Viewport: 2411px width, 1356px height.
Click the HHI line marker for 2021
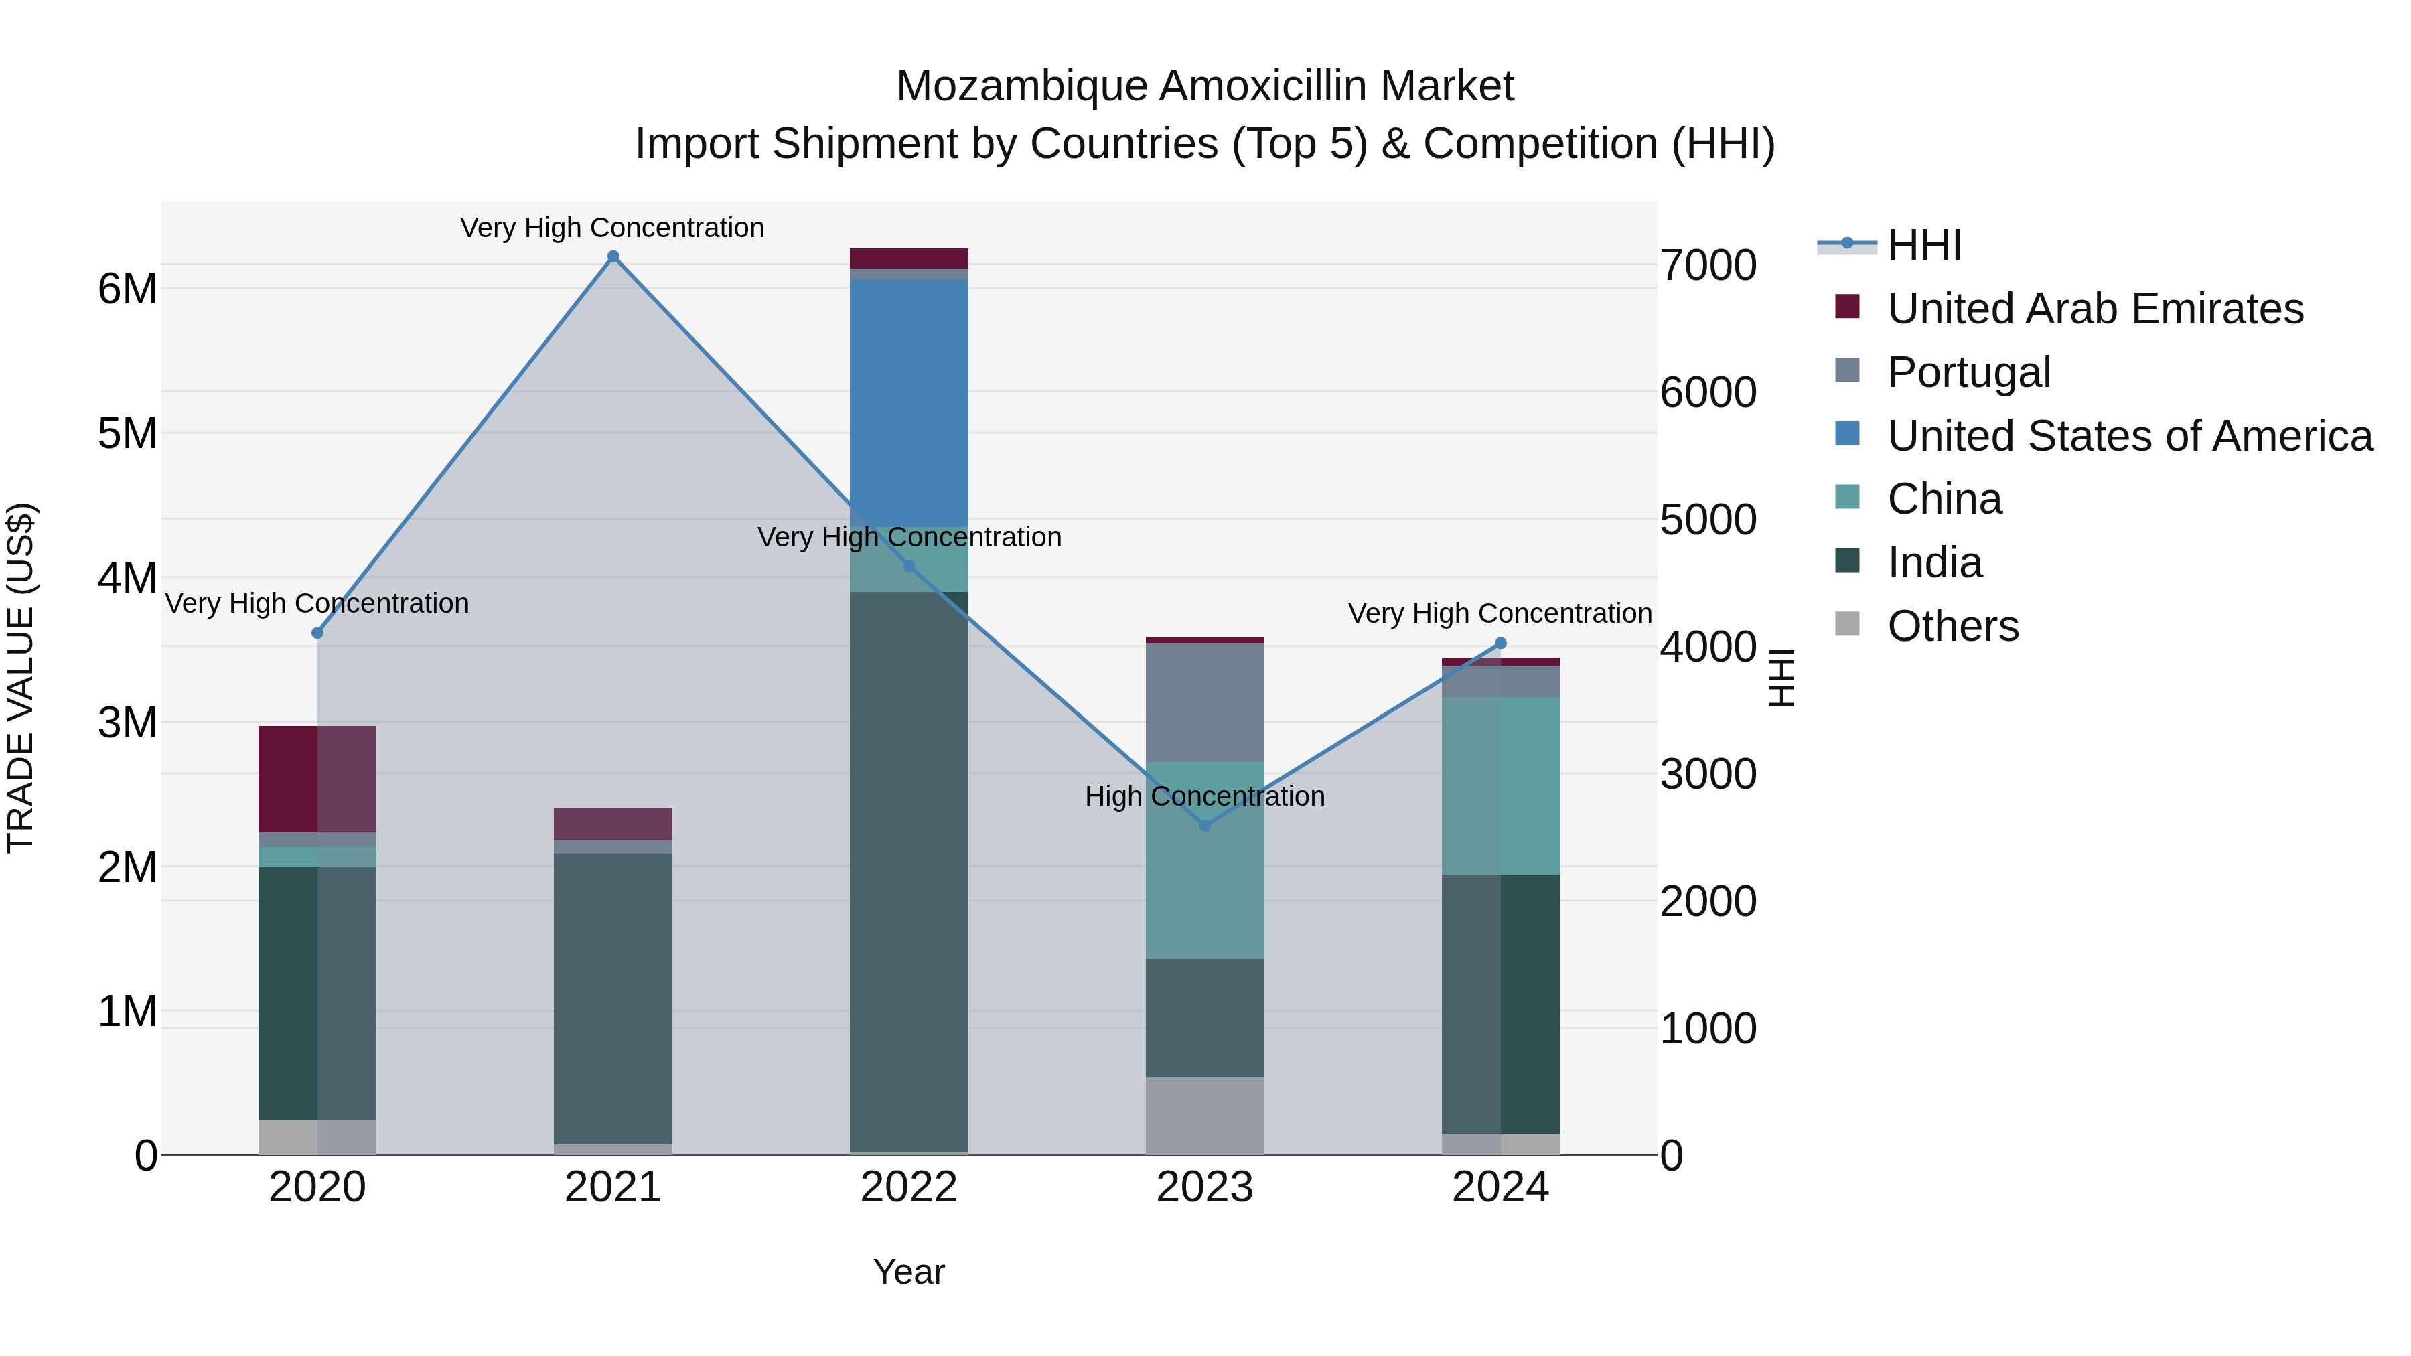[x=613, y=256]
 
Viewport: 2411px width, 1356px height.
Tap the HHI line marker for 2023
[x=1205, y=826]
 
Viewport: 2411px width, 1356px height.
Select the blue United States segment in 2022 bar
[x=909, y=402]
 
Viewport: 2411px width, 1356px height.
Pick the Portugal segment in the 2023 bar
[x=1205, y=702]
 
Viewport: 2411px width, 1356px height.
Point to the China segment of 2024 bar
[x=1500, y=785]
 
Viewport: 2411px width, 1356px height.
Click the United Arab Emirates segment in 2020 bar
[x=317, y=779]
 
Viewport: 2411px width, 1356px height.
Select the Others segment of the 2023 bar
[x=1205, y=1116]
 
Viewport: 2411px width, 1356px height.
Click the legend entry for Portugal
[x=1968, y=372]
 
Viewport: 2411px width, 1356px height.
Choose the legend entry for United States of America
[x=2129, y=436]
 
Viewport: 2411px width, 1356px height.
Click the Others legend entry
[x=1952, y=626]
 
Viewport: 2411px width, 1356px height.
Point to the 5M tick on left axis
[x=127, y=433]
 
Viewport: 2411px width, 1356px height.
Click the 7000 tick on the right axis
[x=1708, y=266]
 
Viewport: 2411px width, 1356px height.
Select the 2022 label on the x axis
[x=909, y=1187]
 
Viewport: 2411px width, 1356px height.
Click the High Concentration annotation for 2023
[x=1205, y=796]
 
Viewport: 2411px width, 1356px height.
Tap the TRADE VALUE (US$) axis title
[x=21, y=678]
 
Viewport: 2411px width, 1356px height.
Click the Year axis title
[x=909, y=1272]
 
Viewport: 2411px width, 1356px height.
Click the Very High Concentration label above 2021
[x=612, y=228]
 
